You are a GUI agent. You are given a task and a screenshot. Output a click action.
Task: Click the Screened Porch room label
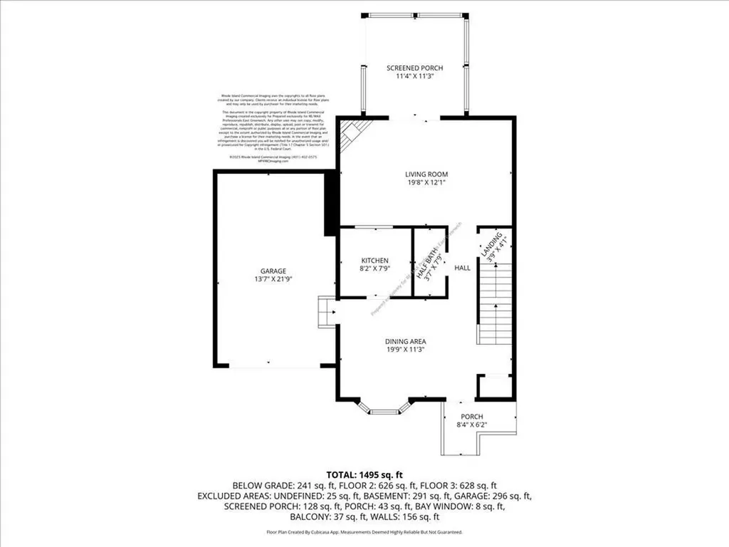click(x=419, y=68)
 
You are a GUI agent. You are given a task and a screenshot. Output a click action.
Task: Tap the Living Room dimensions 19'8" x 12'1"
click(x=426, y=182)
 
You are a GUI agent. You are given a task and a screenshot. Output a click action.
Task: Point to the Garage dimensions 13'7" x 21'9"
click(x=273, y=280)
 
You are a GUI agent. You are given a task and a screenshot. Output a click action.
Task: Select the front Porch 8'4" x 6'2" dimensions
click(x=472, y=426)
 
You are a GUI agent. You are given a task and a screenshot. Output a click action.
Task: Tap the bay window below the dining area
click(x=387, y=408)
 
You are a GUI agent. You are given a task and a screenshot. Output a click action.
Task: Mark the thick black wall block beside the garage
click(x=330, y=203)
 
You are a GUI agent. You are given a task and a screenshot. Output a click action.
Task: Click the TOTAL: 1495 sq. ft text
click(x=364, y=474)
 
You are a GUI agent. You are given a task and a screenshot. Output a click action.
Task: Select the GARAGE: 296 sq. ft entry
click(x=498, y=496)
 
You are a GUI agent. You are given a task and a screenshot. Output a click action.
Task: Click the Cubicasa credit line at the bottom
click(x=364, y=532)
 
